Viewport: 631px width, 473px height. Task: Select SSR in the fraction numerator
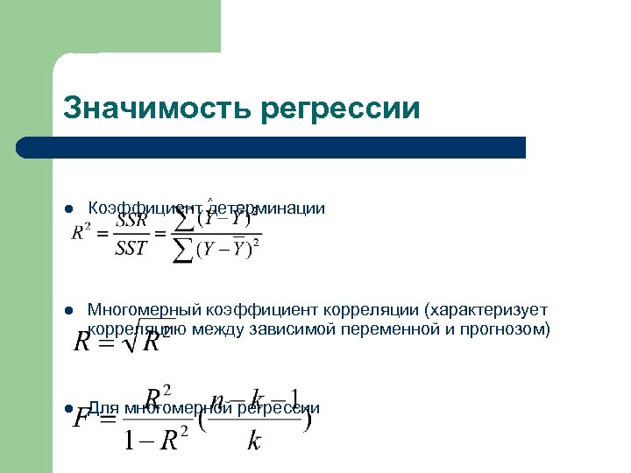pos(131,222)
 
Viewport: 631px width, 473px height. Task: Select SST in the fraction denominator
pos(131,248)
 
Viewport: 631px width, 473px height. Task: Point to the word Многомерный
pos(145,310)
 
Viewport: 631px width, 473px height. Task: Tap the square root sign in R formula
pos(128,338)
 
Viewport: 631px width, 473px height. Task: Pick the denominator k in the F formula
pos(254,440)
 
